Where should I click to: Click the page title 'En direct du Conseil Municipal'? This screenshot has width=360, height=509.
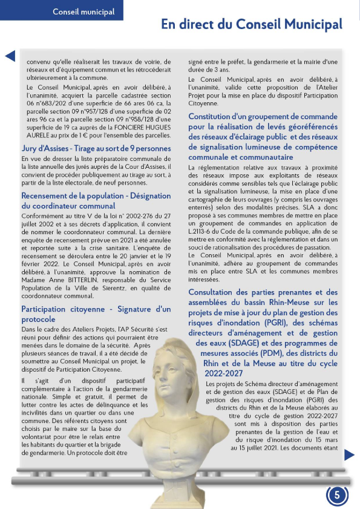tap(251, 24)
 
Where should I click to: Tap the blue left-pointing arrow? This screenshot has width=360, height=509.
tap(10, 57)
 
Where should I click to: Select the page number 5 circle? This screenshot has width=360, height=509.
tap(337, 494)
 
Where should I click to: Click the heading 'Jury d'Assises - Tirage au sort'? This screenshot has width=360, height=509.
tap(96, 148)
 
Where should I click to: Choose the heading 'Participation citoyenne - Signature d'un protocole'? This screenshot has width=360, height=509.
tap(96, 314)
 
